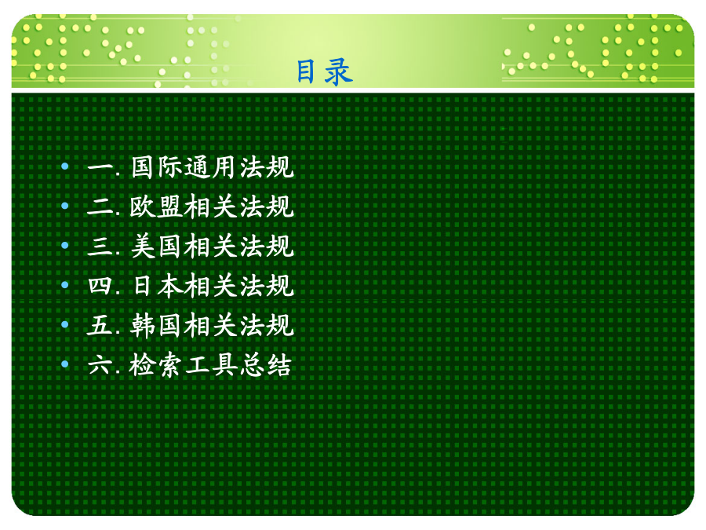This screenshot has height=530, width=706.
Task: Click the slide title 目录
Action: coord(324,71)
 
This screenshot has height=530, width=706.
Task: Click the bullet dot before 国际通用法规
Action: coord(65,166)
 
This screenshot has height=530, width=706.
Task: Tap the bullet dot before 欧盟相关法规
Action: coord(65,206)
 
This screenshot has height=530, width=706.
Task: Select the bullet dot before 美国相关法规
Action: coord(65,246)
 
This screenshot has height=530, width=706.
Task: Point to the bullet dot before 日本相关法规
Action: coord(65,285)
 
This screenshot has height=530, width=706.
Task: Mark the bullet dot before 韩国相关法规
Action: coord(65,324)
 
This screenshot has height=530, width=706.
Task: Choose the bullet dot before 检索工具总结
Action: coord(65,364)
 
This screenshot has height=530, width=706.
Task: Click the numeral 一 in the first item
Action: coord(100,168)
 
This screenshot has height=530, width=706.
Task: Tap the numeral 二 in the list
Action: coord(100,207)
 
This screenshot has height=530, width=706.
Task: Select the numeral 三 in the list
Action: coord(100,247)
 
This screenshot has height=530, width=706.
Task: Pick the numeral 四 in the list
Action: coord(100,286)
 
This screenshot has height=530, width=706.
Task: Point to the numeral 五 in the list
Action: coord(100,325)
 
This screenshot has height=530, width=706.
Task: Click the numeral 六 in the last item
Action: coord(100,364)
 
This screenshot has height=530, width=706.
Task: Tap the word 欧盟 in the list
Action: coord(156,207)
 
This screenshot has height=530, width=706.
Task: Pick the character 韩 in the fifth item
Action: coord(144,325)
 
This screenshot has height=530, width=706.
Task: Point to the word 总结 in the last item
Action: coord(266,365)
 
